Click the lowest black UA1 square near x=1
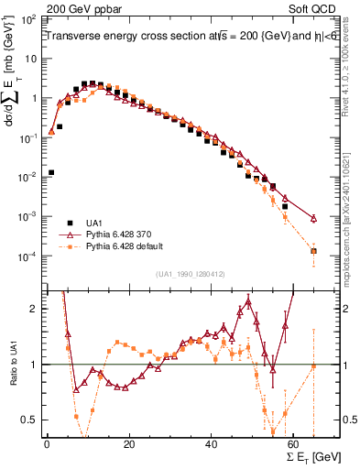click(51, 172)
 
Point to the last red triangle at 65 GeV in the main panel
click(314, 218)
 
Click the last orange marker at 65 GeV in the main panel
click(314, 250)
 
